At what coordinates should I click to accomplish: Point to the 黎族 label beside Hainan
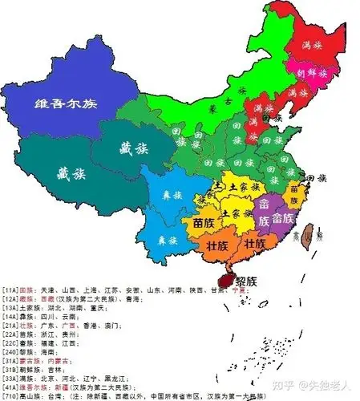point(246,282)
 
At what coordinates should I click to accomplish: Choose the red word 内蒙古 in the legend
point(58,360)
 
